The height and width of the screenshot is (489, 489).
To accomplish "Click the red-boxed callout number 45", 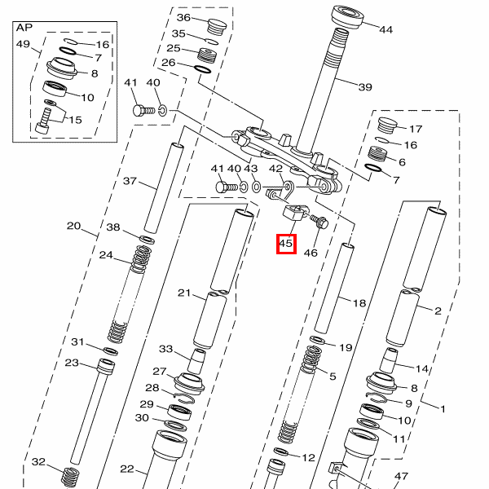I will click(285, 243).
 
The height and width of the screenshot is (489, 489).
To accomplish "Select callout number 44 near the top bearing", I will click(385, 29).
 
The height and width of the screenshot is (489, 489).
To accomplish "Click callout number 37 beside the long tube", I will click(130, 181).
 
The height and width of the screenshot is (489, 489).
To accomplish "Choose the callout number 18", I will click(359, 302).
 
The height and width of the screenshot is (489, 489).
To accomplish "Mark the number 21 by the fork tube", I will click(183, 293).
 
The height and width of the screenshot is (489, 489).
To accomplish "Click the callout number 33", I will click(166, 349).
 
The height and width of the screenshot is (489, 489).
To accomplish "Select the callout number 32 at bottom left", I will click(39, 462).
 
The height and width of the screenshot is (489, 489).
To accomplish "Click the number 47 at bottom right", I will click(400, 476).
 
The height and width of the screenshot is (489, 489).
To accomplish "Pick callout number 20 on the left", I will click(75, 226).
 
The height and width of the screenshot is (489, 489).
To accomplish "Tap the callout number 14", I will click(422, 369).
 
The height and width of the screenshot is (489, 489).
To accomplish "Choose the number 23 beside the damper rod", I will click(72, 363).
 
